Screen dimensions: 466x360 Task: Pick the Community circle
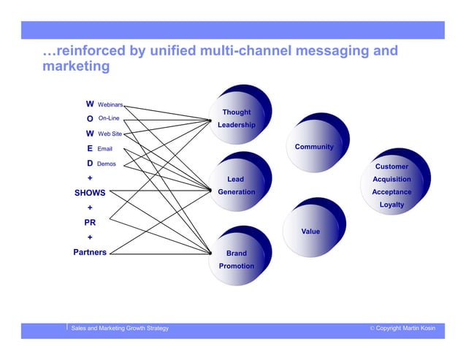[x=313, y=147]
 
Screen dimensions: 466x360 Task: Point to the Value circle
[x=310, y=231]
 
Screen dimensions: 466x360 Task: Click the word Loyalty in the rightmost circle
[x=391, y=205]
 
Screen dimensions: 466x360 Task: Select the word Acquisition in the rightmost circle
[x=391, y=180]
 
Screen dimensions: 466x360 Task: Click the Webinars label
[x=110, y=104]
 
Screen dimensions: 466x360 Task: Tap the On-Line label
[x=109, y=118]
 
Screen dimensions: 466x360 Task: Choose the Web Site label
[x=110, y=134]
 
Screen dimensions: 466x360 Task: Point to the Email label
[x=104, y=150]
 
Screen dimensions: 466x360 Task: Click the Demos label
[x=106, y=164]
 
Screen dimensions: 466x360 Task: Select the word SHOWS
[x=90, y=194]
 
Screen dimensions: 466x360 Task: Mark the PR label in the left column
[x=90, y=223]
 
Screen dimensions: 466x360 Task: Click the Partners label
[x=90, y=253]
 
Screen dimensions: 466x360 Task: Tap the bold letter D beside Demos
[x=90, y=164]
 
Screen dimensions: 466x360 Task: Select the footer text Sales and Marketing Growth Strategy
[x=119, y=329]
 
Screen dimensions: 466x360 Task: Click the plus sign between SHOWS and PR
[x=90, y=208]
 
